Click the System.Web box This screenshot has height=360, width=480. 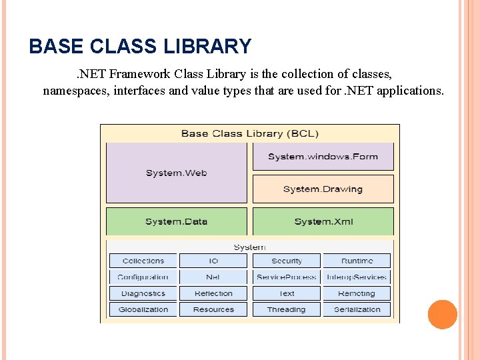coord(176,173)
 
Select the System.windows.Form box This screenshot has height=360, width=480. coord(323,157)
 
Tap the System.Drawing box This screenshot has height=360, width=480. coord(323,189)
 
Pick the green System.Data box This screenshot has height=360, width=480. coord(176,221)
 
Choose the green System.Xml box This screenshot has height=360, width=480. coord(323,221)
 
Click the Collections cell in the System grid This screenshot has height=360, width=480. coord(143,261)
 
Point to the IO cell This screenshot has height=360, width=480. coord(213,261)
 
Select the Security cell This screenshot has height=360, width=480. coord(287,261)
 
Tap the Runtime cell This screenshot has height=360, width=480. coord(357,261)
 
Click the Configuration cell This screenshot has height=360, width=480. coord(143,277)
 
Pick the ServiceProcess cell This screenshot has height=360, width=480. coord(287,277)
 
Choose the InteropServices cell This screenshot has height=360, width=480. coord(357,277)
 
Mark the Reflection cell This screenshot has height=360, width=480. coord(213,293)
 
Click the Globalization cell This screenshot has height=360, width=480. coord(143,309)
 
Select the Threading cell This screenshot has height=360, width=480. coord(287,309)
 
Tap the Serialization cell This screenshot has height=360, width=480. coord(357,309)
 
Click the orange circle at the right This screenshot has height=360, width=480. coord(442,315)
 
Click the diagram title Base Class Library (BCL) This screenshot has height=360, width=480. coord(249,133)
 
